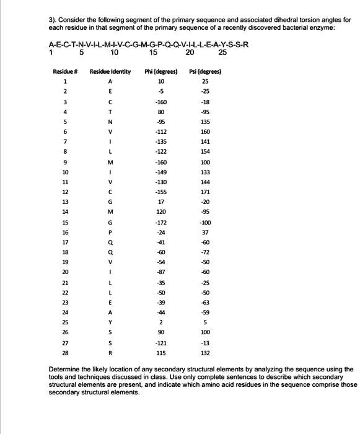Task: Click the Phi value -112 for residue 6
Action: pyautogui.click(x=161, y=131)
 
